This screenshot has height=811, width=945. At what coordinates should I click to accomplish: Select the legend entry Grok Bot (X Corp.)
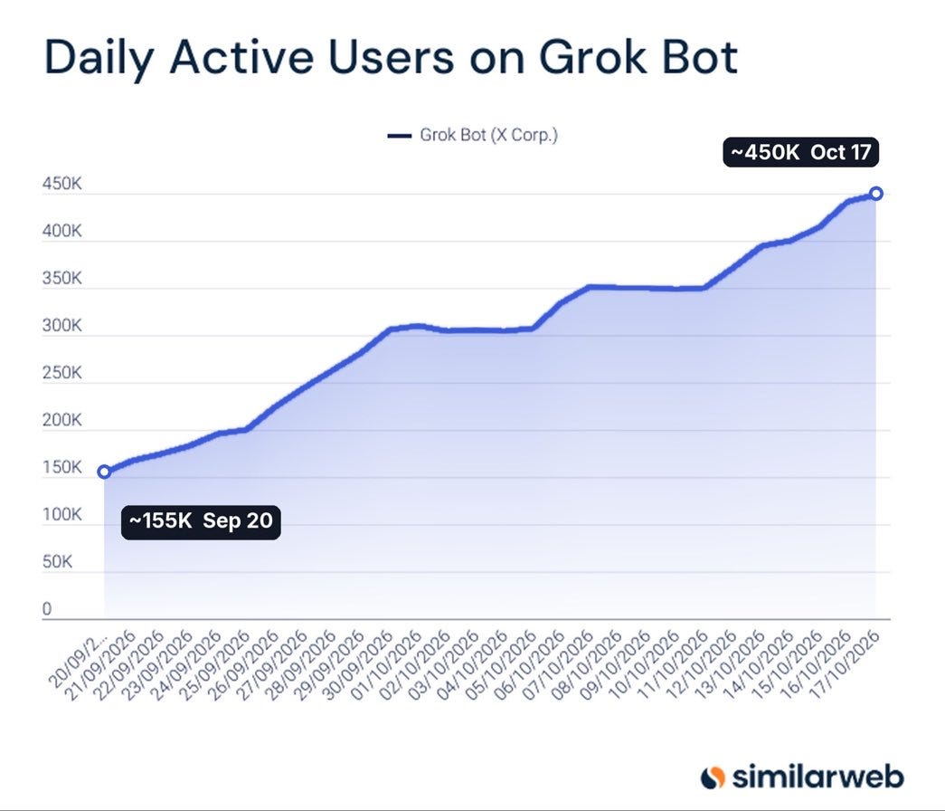pos(473,135)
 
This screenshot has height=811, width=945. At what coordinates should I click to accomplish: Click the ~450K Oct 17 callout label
pos(801,152)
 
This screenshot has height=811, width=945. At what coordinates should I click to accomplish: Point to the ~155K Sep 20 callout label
pos(201,521)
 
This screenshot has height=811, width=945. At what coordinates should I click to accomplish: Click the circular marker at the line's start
pos(104,472)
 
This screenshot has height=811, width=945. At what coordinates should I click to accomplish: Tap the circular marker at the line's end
pos(876,194)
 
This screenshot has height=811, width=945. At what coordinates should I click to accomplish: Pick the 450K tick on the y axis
pos(61,184)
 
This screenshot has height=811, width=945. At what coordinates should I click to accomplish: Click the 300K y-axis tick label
pos(61,326)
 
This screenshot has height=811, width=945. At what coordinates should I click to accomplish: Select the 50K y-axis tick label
pos(57,562)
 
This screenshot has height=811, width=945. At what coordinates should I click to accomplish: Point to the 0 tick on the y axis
pos(47,609)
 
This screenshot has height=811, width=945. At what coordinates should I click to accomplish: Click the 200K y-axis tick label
pos(61,420)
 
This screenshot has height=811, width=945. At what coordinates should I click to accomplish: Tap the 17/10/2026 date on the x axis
pos(844,663)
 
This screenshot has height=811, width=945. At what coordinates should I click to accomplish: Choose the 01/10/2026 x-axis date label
pos(386,663)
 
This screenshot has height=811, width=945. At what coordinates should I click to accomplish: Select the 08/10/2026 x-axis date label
pos(586,663)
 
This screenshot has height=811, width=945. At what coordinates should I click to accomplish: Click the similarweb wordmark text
pos(817,777)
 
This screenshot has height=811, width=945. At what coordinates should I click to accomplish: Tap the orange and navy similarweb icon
pos(713,778)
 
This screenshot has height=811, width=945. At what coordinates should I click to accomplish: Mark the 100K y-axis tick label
pos(61,515)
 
